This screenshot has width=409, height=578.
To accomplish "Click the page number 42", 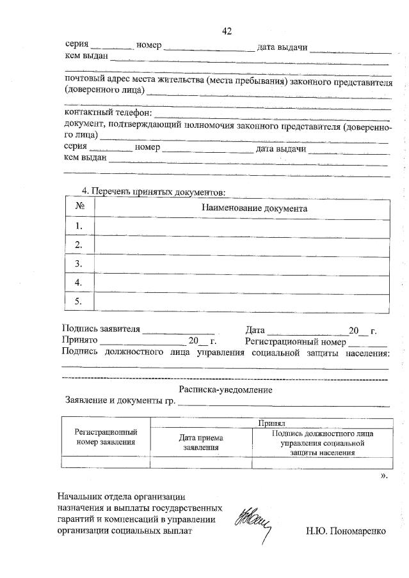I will click(x=226, y=31).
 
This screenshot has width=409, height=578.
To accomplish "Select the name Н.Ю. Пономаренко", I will click(x=346, y=531).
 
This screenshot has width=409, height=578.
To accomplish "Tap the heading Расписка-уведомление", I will click(x=226, y=389).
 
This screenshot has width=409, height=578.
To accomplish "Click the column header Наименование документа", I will click(x=254, y=208).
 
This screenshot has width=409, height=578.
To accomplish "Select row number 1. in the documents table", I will click(x=80, y=226).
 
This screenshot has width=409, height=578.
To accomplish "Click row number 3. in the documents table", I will click(x=80, y=263).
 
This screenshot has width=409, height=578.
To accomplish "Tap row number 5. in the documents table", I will click(x=80, y=301).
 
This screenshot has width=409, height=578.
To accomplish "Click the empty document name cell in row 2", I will click(x=241, y=245).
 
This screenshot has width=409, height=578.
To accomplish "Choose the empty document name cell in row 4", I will click(x=241, y=282).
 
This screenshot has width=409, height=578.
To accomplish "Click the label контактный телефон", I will click(x=104, y=113).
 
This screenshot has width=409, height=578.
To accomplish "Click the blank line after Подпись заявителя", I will click(x=178, y=332).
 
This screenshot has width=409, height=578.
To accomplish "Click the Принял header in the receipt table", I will click(x=271, y=423).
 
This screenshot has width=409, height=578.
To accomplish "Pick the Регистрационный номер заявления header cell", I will click(x=106, y=437).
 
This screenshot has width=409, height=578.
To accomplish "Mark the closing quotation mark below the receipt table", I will click(x=383, y=476).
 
